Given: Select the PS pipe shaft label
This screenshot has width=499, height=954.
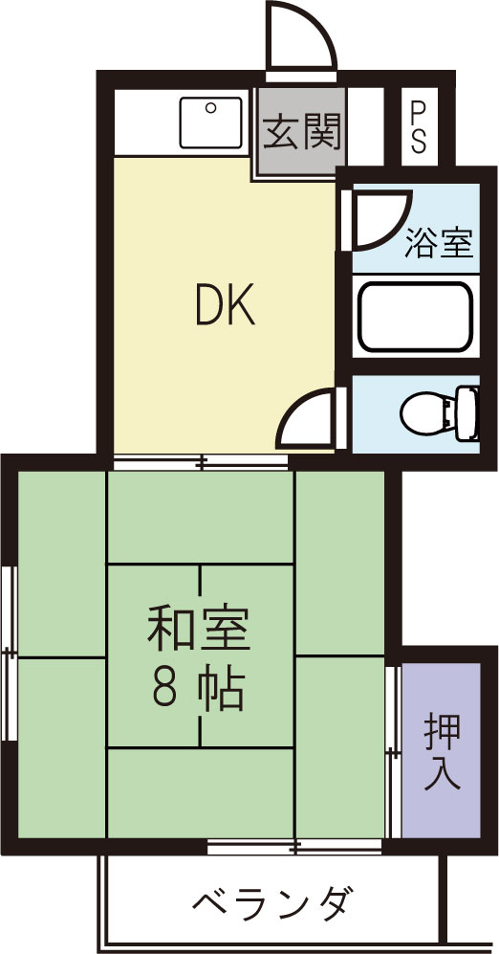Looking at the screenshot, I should pyautogui.click(x=419, y=126).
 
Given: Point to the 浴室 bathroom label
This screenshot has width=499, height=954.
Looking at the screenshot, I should pyautogui.click(x=439, y=244).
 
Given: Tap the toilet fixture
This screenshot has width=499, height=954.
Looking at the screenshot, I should pyautogui.click(x=426, y=413).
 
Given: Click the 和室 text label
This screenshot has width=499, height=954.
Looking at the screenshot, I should pyautogui.click(x=198, y=629).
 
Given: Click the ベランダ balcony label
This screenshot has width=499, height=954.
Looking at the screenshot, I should pyautogui.click(x=272, y=901).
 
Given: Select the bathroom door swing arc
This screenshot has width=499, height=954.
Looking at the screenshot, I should pyautogui.click(x=376, y=218).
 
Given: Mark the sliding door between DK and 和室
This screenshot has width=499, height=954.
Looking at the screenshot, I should pyautogui.click(x=201, y=463).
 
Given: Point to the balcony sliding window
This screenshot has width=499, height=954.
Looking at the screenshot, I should pyautogui.click(x=295, y=846).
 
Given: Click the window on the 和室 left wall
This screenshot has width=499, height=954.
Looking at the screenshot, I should pyautogui.click(x=9, y=653).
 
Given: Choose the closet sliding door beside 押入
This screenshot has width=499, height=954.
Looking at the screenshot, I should pyautogui.click(x=392, y=752).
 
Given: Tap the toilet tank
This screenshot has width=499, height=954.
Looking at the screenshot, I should pyautogui.click(x=468, y=413).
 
